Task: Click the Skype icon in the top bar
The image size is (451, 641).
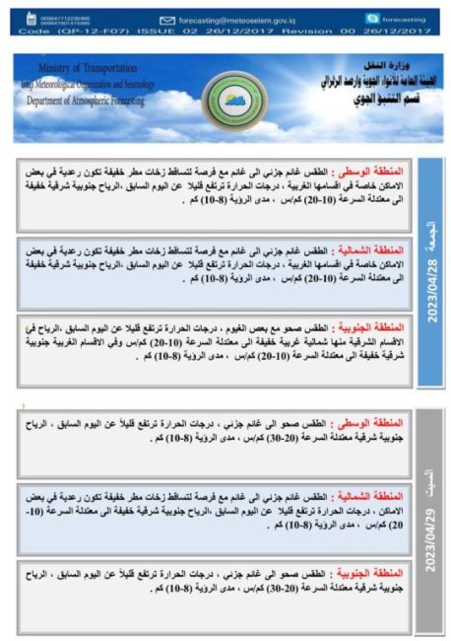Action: pyautogui.click(x=371, y=19)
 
